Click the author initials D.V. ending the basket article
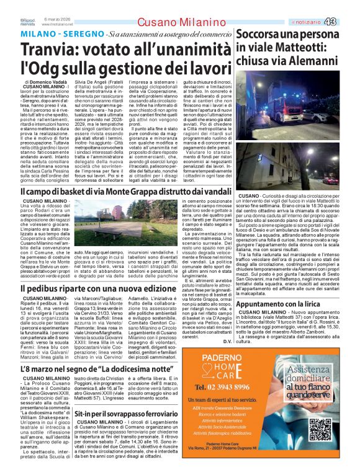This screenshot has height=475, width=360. click(x=227, y=341)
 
